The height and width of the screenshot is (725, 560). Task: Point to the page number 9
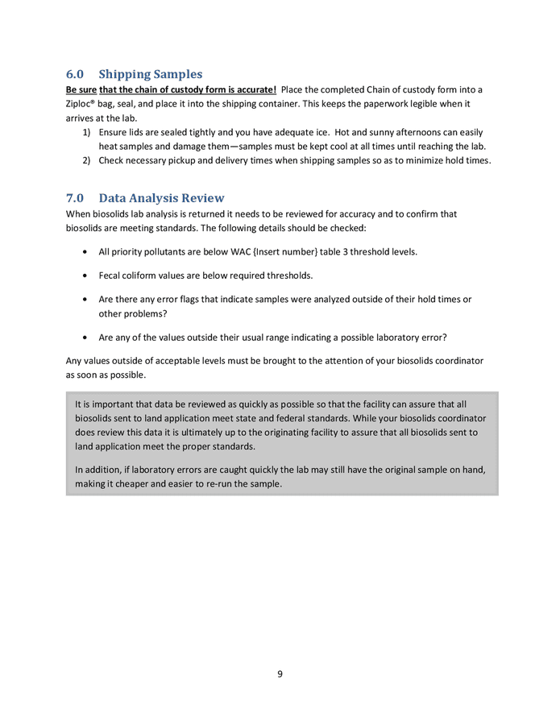[x=280, y=673]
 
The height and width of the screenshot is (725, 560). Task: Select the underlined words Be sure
[x=81, y=89]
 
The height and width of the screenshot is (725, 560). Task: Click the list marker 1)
[x=86, y=131]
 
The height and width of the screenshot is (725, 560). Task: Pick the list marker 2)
[x=86, y=160]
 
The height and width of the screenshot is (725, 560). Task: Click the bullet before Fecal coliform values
[x=86, y=275]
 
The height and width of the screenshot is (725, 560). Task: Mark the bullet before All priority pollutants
[x=86, y=252]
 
